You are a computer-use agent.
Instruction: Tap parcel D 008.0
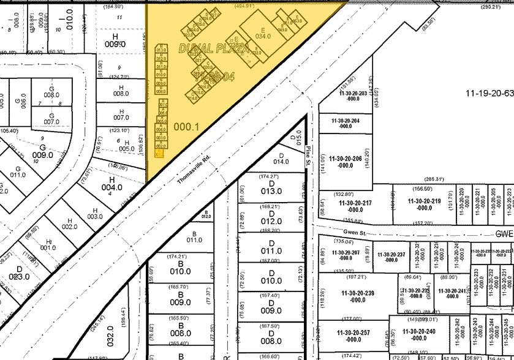(x=271, y=337)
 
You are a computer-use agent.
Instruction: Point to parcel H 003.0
(x=95, y=212)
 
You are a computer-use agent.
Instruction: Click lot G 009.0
(x=43, y=151)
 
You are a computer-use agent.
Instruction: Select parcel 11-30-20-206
(x=346, y=161)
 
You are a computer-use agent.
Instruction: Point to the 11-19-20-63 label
(x=489, y=93)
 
